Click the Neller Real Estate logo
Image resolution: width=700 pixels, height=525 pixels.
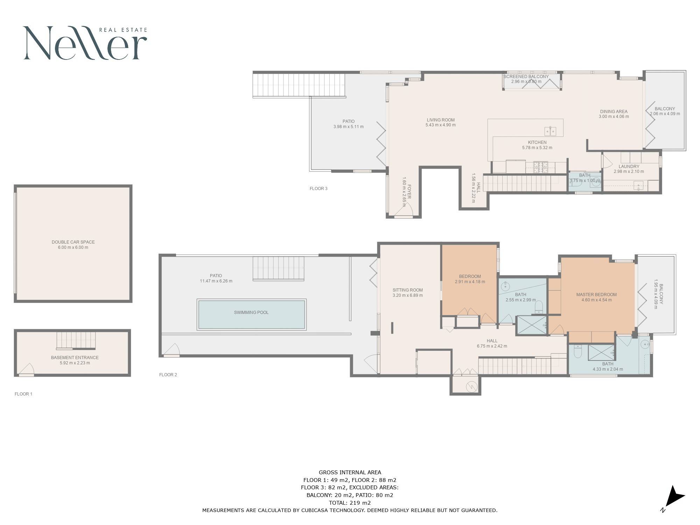[x=85, y=43]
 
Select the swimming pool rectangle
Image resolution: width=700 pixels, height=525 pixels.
[x=251, y=314]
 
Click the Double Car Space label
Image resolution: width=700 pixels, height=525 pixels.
[x=73, y=242]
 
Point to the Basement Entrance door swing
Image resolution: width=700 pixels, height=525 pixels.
[x=27, y=369]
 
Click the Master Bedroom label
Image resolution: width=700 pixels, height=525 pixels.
[x=596, y=295]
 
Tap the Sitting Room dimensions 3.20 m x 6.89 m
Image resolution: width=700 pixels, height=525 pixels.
[x=407, y=295]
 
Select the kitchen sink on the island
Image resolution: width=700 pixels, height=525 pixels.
[x=550, y=131]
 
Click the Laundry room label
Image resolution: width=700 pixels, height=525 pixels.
[x=629, y=167]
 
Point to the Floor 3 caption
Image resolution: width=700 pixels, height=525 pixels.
[x=318, y=189]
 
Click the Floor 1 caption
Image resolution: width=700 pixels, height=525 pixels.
[x=23, y=394]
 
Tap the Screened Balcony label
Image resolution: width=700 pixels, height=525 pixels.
[x=526, y=77]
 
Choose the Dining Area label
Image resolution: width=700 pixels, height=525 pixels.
[x=614, y=112]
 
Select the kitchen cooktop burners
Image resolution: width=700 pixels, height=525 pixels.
[x=540, y=167]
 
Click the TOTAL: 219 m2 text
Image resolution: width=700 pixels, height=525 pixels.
[x=350, y=503]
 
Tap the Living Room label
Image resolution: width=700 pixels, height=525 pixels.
[x=441, y=120]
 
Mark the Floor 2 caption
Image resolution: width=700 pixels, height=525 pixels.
[x=168, y=375]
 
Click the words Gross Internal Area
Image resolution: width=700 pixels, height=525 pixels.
[x=350, y=472]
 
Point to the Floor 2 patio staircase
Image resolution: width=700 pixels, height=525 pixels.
[x=278, y=268]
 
